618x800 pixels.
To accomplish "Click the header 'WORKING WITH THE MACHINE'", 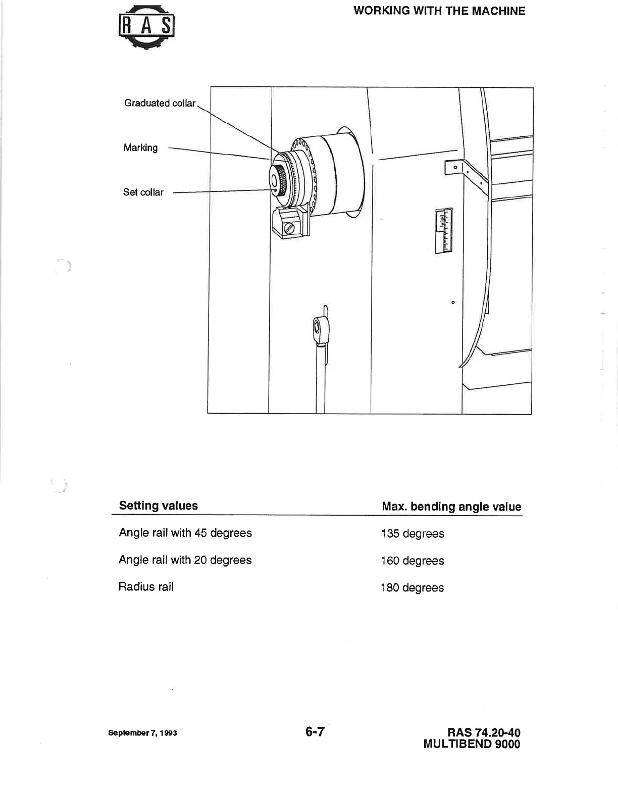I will (x=439, y=11).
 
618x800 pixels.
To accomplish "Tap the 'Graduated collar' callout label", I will (x=160, y=103).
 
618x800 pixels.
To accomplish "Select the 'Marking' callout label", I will (x=140, y=148).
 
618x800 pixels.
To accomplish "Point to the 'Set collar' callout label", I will (x=143, y=192).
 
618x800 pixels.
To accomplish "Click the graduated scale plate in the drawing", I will (x=444, y=230).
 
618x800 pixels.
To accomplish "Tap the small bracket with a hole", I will (x=455, y=167).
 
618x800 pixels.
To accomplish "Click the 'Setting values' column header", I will (x=159, y=506).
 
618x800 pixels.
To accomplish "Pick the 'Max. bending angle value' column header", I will (x=451, y=507).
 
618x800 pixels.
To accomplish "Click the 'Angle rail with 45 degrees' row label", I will (x=185, y=533).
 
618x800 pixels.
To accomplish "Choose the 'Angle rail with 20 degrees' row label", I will (x=185, y=560).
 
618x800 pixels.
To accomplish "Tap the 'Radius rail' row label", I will (x=146, y=587).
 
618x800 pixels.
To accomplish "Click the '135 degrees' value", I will (x=413, y=534).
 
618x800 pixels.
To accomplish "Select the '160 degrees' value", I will (x=413, y=561).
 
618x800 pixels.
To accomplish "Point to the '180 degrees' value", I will (x=413, y=588).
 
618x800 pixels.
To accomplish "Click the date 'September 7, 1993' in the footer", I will (x=142, y=733).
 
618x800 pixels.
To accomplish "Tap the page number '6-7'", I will (x=315, y=731).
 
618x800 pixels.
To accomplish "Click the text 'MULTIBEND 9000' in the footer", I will (x=472, y=744).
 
